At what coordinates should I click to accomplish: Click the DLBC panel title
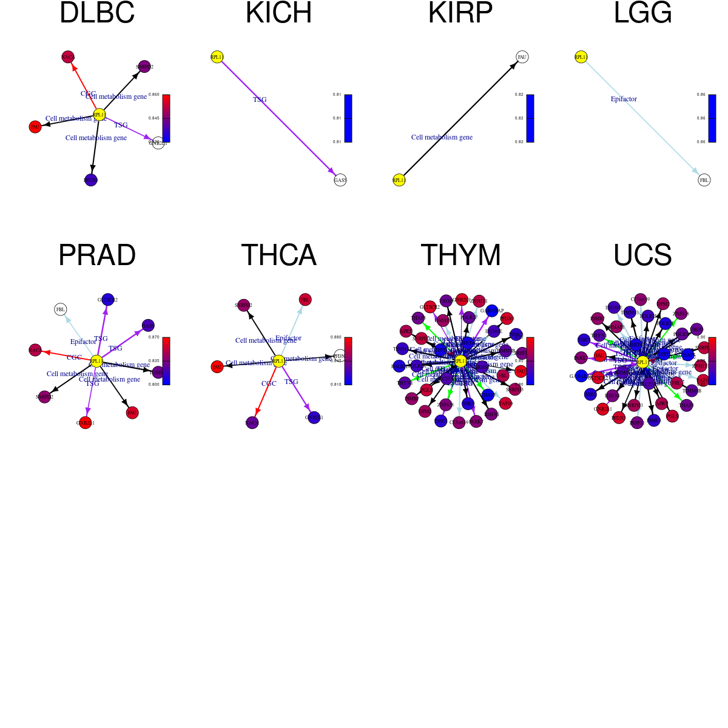coord(97,13)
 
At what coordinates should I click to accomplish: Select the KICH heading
coord(278,13)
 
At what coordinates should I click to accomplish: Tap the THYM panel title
coord(460,255)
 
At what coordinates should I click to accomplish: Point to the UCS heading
coord(642,255)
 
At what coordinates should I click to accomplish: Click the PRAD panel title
coord(97,255)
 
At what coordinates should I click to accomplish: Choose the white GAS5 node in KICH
coord(340,180)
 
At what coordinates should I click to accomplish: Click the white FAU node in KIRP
coord(522,57)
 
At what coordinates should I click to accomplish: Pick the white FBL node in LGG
coord(704,180)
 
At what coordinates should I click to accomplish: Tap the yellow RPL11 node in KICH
coord(217,57)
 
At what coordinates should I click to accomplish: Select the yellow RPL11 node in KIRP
coord(399,180)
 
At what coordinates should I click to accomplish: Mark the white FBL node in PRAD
coord(61,309)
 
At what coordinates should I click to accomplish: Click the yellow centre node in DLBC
coord(99,114)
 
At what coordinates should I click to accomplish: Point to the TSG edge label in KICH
coord(260,99)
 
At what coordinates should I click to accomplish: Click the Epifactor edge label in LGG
coord(624,99)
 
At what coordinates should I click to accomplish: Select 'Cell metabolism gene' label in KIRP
coord(442,137)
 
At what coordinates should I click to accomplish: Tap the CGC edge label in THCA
coord(269,383)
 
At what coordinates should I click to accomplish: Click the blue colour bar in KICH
coord(348,118)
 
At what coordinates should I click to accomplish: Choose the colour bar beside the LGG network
coord(712,118)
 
